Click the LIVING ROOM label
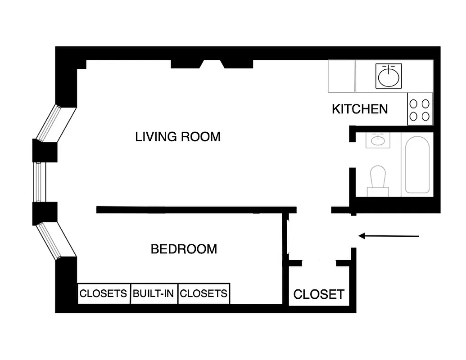pyautogui.click(x=178, y=136)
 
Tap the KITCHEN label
pyautogui.click(x=360, y=109)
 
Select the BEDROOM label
pyautogui.click(x=184, y=249)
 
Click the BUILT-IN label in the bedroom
pyautogui.click(x=154, y=294)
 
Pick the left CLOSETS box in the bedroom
pyautogui.click(x=104, y=294)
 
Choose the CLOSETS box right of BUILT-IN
pyautogui.click(x=204, y=294)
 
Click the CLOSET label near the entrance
pyautogui.click(x=319, y=294)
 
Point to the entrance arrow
pyautogui.click(x=389, y=235)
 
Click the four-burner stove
pyautogui.click(x=420, y=109)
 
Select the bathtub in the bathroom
pyautogui.click(x=417, y=165)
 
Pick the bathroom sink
pyautogui.click(x=377, y=141)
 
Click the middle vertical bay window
pyautogui.click(x=38, y=182)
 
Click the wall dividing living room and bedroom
pyautogui.click(x=196, y=210)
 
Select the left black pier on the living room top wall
pyautogui.click(x=185, y=64)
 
